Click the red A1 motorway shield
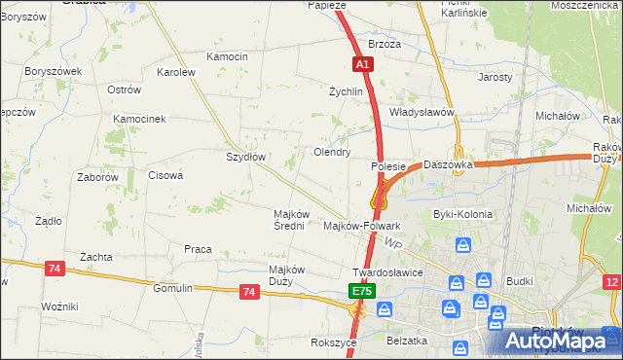(362, 64)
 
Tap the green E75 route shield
(361, 291)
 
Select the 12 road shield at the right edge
(611, 282)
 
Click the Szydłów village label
(245, 156)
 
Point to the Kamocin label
(228, 56)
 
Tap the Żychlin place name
(346, 91)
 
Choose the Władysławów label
(422, 112)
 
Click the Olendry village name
(331, 152)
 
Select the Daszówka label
(448, 165)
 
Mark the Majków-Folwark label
(361, 226)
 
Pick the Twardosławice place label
(387, 272)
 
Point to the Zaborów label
(97, 178)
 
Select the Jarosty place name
(495, 77)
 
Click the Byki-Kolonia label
(462, 214)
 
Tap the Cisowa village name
(165, 176)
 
